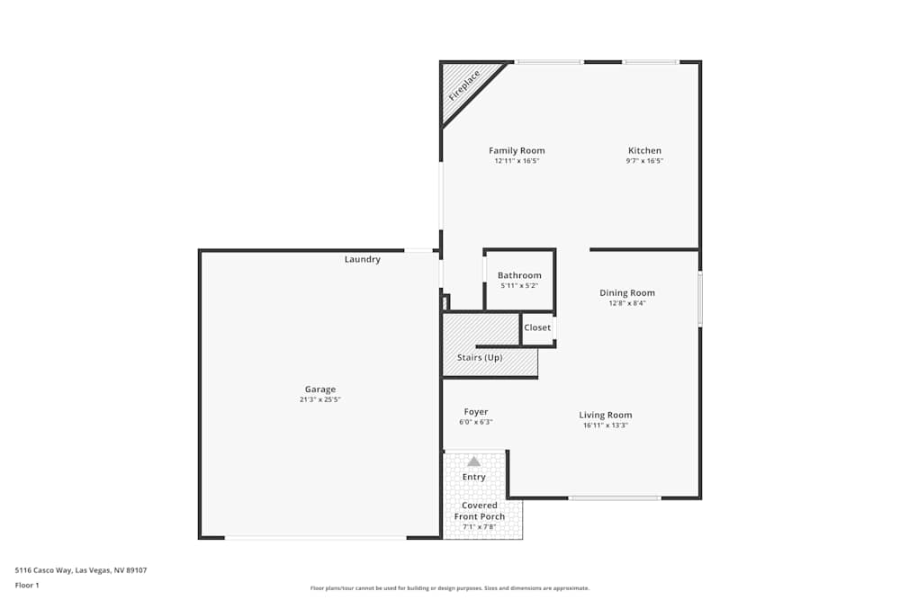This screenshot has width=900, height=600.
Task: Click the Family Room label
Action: pyautogui.click(x=517, y=150)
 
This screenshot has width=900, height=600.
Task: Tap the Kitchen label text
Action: pyautogui.click(x=644, y=150)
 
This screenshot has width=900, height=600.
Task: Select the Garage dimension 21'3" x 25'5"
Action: pyautogui.click(x=320, y=399)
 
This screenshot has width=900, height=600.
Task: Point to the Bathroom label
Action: pyautogui.click(x=519, y=275)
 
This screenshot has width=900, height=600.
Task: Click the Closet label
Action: pyautogui.click(x=537, y=327)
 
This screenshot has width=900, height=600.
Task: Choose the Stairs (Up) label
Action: pyautogui.click(x=480, y=357)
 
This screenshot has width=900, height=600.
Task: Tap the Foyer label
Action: pyautogui.click(x=475, y=411)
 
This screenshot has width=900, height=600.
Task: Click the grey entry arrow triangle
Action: pyautogui.click(x=473, y=461)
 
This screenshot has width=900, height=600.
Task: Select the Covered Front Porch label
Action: pyautogui.click(x=479, y=511)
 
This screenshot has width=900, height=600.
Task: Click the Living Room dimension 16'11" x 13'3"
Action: pyautogui.click(x=605, y=425)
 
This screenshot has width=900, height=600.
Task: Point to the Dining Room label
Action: pyautogui.click(x=627, y=292)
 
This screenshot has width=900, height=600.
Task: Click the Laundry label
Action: pyautogui.click(x=362, y=259)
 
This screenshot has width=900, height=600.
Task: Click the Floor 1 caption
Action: pyautogui.click(x=27, y=585)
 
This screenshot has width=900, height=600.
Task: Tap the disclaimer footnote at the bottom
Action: pyautogui.click(x=450, y=588)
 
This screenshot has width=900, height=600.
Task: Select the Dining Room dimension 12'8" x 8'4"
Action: pyautogui.click(x=627, y=303)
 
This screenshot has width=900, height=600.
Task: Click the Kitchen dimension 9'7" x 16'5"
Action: pyautogui.click(x=644, y=161)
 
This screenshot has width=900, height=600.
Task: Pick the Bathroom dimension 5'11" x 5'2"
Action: pyautogui.click(x=519, y=286)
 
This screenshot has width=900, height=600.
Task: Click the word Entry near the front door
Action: pyautogui.click(x=473, y=477)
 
